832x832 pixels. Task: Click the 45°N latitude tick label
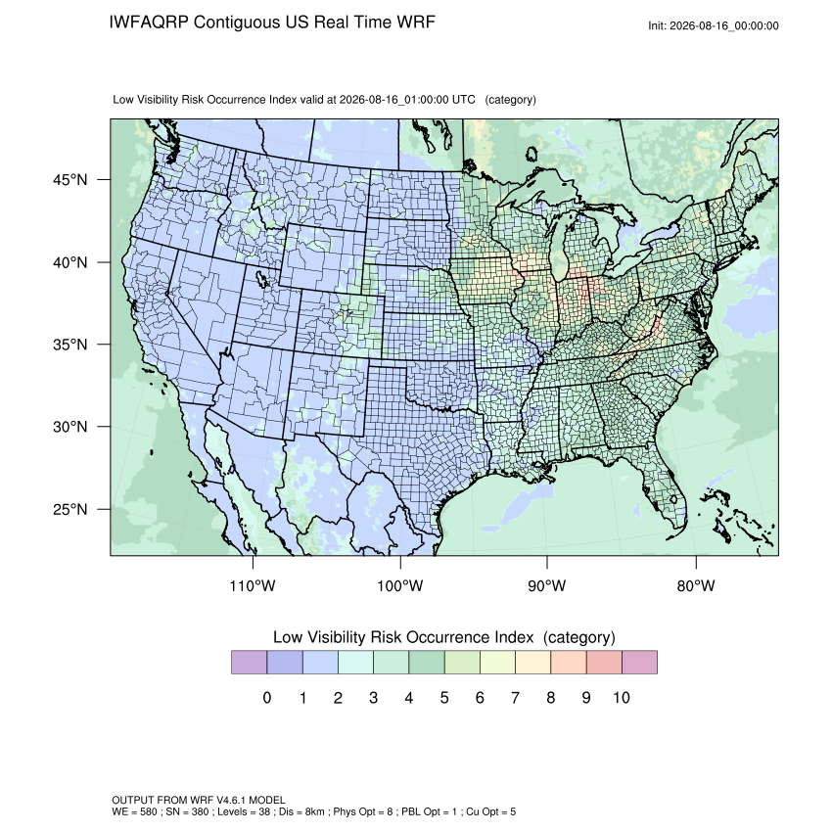(x=70, y=180)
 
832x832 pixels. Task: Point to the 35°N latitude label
(x=70, y=345)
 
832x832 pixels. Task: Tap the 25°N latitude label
(x=70, y=509)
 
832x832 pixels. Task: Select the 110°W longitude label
(x=253, y=585)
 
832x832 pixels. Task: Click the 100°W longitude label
(x=400, y=585)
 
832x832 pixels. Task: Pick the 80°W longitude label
(x=696, y=585)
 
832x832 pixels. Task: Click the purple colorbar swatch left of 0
(x=249, y=663)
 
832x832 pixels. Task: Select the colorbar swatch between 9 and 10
(x=604, y=663)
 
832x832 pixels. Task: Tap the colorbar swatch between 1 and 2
(x=320, y=663)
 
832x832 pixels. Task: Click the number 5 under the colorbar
(x=444, y=697)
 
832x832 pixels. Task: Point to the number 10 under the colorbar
(x=622, y=697)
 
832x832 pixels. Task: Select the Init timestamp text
(x=714, y=26)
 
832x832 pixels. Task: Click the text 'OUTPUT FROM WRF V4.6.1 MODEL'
(x=199, y=800)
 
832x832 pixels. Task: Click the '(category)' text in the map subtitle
(x=510, y=100)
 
